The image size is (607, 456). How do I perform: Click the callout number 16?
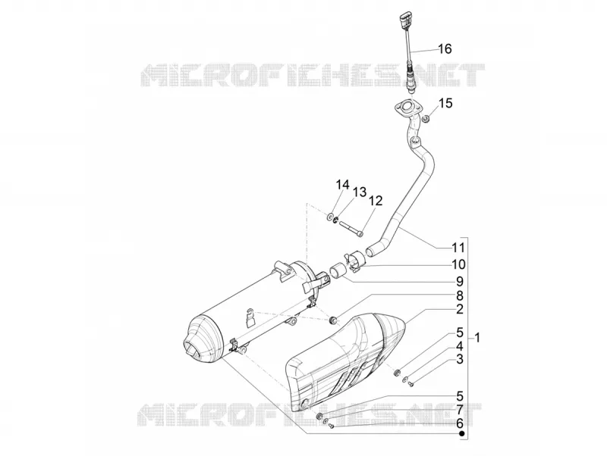tap(445, 49)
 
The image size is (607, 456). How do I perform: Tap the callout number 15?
tap(445, 104)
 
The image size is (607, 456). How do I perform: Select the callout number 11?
tap(458, 248)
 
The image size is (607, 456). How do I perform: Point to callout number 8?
tap(460, 296)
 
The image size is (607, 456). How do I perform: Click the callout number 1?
tap(477, 338)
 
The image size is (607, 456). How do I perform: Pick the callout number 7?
tap(460, 410)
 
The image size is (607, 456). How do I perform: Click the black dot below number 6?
tap(461, 434)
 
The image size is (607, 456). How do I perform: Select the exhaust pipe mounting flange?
tap(406, 107)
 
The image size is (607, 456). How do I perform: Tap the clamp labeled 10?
tap(354, 261)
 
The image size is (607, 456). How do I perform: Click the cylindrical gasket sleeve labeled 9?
tap(337, 270)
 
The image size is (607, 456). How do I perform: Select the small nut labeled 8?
tap(332, 320)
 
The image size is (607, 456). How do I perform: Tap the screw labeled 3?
tap(411, 384)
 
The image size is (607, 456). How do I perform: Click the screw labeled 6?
tap(331, 426)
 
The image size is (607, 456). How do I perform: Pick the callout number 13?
tap(359, 192)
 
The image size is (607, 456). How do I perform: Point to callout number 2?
tap(460, 309)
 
